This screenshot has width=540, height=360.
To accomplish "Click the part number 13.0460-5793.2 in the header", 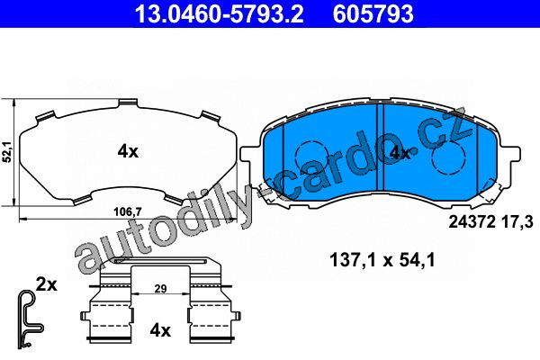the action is (219, 13).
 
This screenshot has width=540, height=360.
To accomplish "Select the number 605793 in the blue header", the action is (373, 13).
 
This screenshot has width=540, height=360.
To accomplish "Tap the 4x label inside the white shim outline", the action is (128, 151).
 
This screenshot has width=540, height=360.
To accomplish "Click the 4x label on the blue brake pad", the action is (399, 153).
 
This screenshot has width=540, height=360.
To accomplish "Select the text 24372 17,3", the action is (490, 222).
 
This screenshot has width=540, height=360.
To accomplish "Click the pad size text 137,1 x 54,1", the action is (382, 260).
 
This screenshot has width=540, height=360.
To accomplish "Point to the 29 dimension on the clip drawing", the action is (160, 288).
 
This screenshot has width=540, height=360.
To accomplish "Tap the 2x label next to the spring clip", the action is (47, 285).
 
